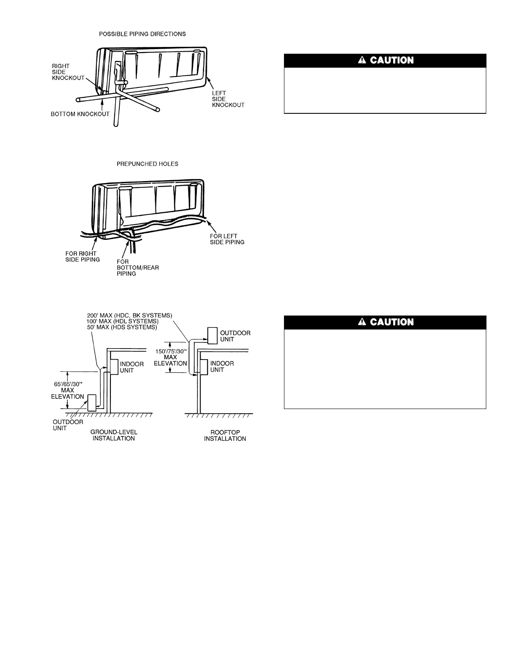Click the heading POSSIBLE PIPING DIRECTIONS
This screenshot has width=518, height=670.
coord(142,34)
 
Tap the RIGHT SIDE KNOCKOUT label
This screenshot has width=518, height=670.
coord(68,72)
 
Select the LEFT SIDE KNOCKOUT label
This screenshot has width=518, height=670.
coord(228,99)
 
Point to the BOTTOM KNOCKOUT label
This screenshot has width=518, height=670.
coord(80,114)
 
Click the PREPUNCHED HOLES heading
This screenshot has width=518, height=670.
coord(147,164)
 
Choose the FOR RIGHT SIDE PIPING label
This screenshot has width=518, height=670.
coord(82,256)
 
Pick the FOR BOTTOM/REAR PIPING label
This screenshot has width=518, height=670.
coord(138,267)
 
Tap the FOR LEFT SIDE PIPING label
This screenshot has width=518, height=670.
coord(227,239)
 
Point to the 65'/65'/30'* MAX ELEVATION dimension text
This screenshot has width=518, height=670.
coord(68,390)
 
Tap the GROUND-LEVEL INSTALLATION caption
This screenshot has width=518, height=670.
coord(114,435)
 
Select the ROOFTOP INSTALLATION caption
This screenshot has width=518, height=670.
coord(225,436)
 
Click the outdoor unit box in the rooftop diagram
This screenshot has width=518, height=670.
coord(212,336)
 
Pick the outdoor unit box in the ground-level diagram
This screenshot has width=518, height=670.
coord(92,403)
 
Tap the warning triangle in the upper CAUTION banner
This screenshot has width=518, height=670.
coord(361,60)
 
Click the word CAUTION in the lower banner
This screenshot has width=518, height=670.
coord(391,322)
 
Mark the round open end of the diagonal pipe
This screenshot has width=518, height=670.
coord(158,110)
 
